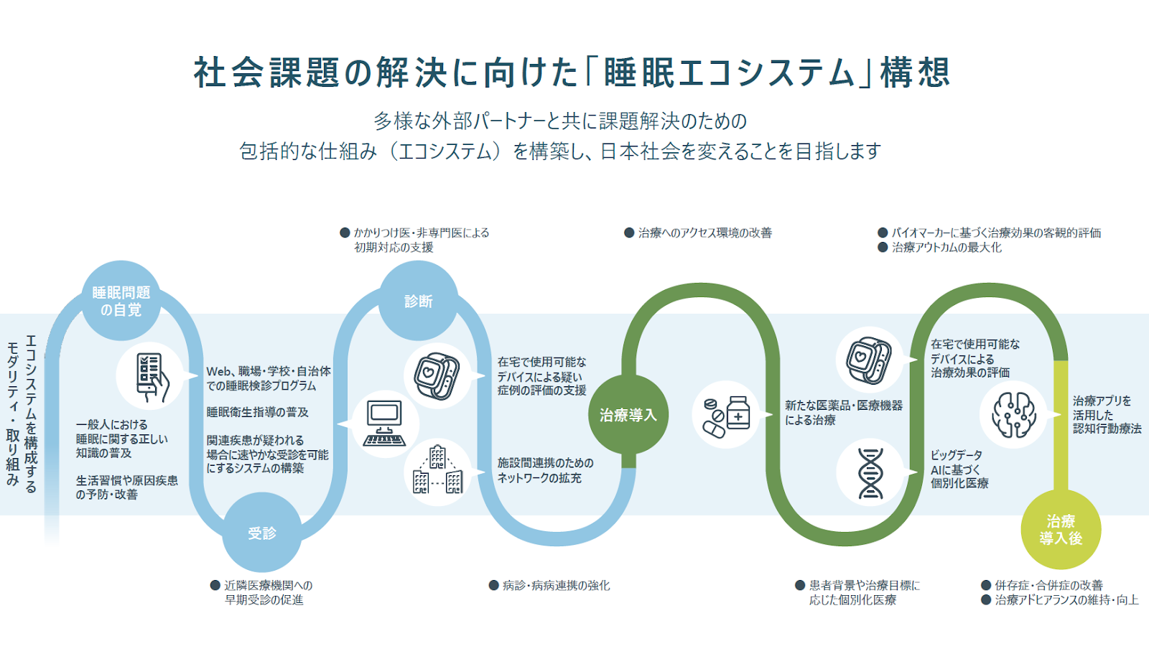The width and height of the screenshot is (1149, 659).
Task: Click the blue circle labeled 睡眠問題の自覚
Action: pyautogui.click(x=121, y=301)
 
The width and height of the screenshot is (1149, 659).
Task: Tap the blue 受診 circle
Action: pyautogui.click(x=262, y=533)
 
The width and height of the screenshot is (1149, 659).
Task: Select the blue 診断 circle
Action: pyautogui.click(x=419, y=301)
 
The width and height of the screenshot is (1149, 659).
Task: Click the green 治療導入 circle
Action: pyautogui.click(x=628, y=415)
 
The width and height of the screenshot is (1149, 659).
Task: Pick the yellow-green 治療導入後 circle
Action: pyautogui.click(x=1061, y=530)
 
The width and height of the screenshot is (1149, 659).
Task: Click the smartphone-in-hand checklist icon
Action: pyautogui.click(x=151, y=376)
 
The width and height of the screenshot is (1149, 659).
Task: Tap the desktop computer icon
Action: pyautogui.click(x=385, y=424)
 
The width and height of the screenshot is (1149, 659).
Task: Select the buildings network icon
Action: pyautogui.click(x=437, y=471)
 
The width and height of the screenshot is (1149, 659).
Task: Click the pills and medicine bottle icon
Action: pyautogui.click(x=726, y=415)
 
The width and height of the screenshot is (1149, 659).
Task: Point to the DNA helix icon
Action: pyautogui.click(x=870, y=472)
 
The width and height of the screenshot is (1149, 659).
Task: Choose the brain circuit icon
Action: pyautogui.click(x=1014, y=414)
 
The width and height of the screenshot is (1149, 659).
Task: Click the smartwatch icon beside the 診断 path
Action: pyautogui.click(x=437, y=375)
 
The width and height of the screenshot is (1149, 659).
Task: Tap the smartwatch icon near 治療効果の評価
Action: pyautogui.click(x=869, y=360)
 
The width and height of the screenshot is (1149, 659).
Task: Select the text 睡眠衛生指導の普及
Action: pyautogui.click(x=258, y=412)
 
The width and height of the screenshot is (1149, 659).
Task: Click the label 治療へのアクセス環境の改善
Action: pyautogui.click(x=704, y=233)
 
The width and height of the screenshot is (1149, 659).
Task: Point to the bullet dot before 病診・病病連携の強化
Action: pyautogui.click(x=494, y=585)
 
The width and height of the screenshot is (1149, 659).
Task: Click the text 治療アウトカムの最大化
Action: pyautogui.click(x=946, y=247)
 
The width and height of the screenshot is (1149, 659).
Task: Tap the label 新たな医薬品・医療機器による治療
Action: pyautogui.click(x=843, y=413)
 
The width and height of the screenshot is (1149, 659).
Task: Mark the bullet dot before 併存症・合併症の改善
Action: pyautogui.click(x=986, y=585)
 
